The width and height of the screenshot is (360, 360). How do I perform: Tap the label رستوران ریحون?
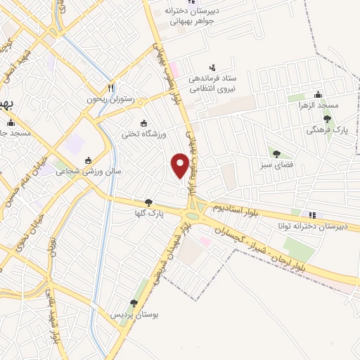click(109, 100)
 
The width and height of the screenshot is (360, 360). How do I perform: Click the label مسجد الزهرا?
click(317, 105)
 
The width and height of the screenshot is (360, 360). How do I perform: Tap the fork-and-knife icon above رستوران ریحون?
click(110, 89)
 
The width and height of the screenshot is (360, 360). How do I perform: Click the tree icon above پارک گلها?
click(148, 202)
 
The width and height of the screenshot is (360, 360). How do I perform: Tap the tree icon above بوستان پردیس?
click(134, 304)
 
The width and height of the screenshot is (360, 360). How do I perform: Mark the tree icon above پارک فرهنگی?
click(328, 119)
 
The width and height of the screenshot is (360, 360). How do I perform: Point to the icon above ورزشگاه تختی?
click(144, 122)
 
